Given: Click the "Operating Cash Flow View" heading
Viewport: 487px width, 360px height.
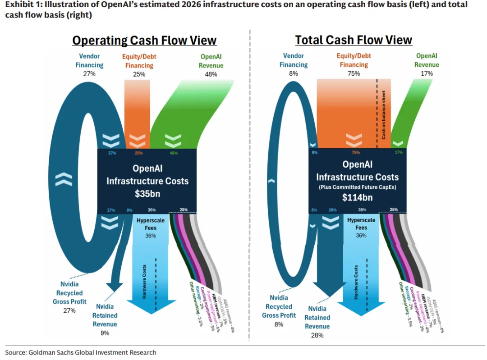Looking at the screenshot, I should [144, 41].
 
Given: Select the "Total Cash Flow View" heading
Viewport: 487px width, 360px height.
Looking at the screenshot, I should [354, 40].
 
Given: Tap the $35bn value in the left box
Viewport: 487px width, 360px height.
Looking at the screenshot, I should [147, 194].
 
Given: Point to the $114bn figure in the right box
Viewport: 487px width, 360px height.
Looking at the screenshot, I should [357, 197].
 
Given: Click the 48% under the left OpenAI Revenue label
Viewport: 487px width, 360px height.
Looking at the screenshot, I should [211, 74].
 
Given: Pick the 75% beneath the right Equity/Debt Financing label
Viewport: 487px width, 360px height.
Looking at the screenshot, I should [354, 73].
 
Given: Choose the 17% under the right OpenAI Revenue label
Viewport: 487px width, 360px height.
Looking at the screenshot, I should [427, 73].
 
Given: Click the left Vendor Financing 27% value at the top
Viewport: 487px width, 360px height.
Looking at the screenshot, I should [89, 73].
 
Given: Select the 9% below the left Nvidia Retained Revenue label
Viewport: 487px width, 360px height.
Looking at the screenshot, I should [105, 333].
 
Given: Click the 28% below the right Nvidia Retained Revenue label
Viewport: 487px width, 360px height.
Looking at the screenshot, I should [317, 335].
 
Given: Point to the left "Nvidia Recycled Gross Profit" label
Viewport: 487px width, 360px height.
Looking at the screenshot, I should [69, 293].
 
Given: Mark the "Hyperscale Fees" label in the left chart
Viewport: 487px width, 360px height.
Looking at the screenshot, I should [151, 224].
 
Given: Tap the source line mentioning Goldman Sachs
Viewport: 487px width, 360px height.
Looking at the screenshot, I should [81, 352].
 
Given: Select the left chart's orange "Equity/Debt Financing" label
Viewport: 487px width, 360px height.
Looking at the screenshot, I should [139, 61].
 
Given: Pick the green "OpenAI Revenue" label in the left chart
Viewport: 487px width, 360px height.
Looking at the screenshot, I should [211, 61].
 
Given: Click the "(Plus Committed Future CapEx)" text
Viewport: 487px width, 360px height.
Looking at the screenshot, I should [357, 187].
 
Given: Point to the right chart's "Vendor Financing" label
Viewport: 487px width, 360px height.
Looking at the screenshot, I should [294, 60].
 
